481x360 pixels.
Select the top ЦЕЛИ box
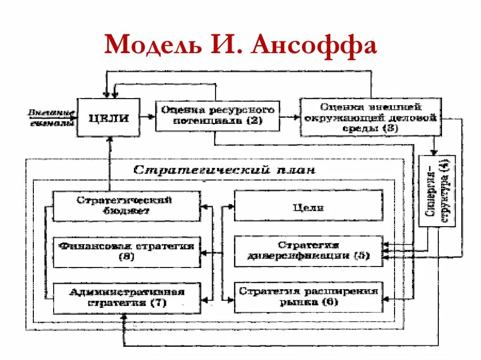[109, 117]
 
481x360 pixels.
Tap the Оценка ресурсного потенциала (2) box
[217, 115]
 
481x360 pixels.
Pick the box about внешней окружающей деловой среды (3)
[370, 117]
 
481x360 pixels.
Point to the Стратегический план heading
[225, 169]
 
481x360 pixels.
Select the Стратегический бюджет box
[126, 206]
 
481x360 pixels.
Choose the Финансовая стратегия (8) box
[126, 252]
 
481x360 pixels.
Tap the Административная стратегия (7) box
[126, 298]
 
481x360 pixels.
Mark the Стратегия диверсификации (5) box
[308, 252]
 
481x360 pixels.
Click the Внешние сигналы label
[52, 118]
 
